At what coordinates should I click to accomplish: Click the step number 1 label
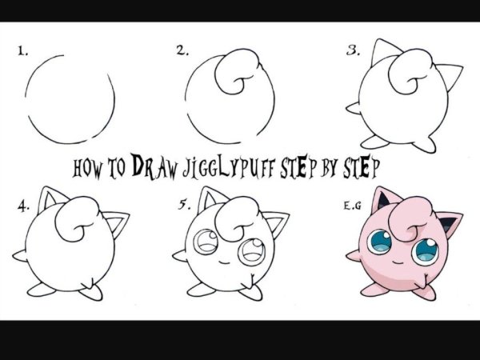coord(22,51)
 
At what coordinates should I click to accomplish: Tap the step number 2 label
coord(182,50)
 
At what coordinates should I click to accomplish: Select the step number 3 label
coord(353,50)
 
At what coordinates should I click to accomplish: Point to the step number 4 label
coord(23,206)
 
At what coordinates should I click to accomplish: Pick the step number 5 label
coord(184,205)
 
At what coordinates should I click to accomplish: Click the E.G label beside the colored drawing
coord(352,206)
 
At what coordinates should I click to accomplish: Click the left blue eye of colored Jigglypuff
coord(379,242)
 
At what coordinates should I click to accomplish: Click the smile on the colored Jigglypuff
coord(398,262)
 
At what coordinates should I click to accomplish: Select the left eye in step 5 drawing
coord(206,242)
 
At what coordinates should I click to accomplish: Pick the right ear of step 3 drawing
coord(448,76)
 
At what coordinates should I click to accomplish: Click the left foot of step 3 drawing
coord(375,142)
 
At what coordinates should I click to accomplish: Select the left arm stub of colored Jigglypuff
coord(354,256)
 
